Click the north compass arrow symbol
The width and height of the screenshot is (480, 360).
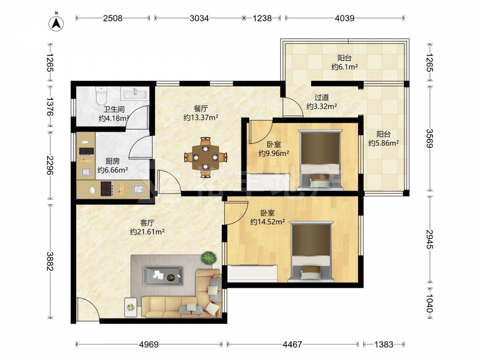[56, 23]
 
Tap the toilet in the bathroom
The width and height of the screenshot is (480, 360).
[101, 96]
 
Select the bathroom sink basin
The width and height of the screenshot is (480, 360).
[135, 93]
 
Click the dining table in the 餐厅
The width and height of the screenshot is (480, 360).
[205, 157]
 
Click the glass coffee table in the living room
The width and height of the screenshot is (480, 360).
[163, 276]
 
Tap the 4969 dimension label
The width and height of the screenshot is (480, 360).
[149, 345]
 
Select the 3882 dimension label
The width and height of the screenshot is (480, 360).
[50, 261]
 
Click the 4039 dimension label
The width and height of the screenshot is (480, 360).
[344, 18]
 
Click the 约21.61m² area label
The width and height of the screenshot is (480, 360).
[147, 232]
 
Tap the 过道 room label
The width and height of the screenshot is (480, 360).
[322, 97]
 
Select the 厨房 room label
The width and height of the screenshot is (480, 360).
[112, 161]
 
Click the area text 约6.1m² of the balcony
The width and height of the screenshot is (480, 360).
[345, 67]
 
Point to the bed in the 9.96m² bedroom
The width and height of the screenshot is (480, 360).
[320, 159]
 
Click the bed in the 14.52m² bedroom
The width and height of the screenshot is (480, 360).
[312, 251]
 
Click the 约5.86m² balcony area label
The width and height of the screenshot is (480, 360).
[384, 143]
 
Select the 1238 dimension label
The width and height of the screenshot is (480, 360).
[262, 18]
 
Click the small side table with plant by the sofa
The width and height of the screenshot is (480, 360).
[131, 307]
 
